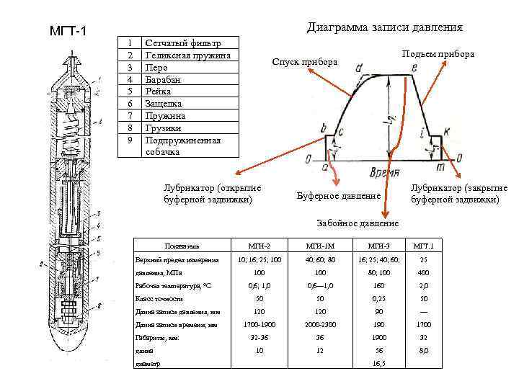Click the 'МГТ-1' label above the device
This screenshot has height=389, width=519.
click(x=68, y=33)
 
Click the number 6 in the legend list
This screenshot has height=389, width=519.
click(x=129, y=103)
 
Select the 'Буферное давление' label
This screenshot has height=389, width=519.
click(x=339, y=196)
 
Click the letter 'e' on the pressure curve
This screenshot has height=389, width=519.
click(x=414, y=68)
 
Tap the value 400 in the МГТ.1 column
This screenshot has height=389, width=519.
click(x=424, y=272)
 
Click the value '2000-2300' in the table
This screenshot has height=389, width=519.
click(x=320, y=324)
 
